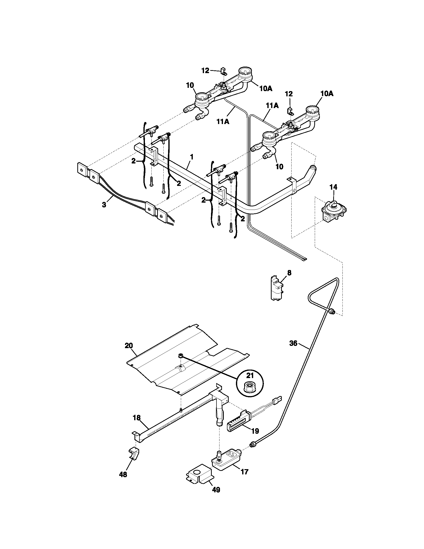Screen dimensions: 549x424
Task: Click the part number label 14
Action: (x=333, y=187)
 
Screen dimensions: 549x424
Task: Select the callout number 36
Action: (x=293, y=343)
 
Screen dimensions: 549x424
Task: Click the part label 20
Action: (x=129, y=346)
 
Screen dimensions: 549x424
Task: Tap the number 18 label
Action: (x=137, y=417)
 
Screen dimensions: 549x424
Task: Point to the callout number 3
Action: (x=104, y=205)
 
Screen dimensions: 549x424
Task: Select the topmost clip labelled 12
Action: (x=223, y=71)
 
